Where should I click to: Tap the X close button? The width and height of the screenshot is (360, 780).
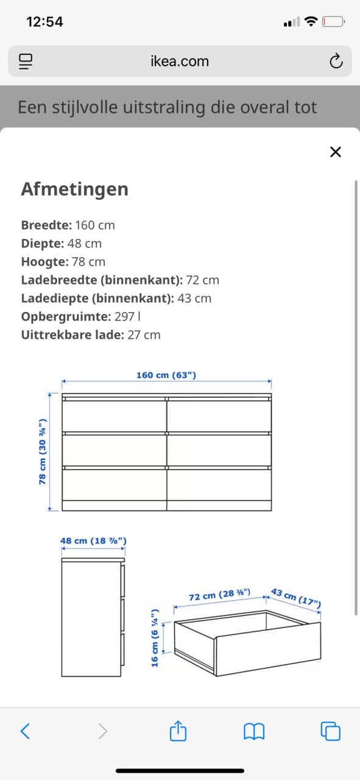pyautogui.click(x=335, y=152)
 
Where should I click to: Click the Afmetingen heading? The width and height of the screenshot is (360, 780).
pyautogui.click(x=74, y=189)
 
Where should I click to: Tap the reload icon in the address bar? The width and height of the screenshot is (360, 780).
pyautogui.click(x=336, y=61)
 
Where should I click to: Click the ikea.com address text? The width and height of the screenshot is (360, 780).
pyautogui.click(x=180, y=61)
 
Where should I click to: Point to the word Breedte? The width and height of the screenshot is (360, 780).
pyautogui.click(x=46, y=225)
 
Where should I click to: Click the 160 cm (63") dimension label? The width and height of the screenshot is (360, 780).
pyautogui.click(x=166, y=375)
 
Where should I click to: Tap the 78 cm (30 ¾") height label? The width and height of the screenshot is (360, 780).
pyautogui.click(x=43, y=452)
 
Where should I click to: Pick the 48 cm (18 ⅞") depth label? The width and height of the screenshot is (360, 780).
pyautogui.click(x=93, y=541)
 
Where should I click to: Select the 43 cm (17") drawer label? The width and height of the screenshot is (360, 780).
pyautogui.click(x=295, y=597)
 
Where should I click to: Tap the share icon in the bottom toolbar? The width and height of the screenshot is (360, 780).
pyautogui.click(x=177, y=731)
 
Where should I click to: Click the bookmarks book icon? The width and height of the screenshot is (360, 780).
pyautogui.click(x=254, y=731)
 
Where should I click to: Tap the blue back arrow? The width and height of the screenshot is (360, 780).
pyautogui.click(x=26, y=731)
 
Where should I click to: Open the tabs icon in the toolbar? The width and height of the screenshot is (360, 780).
pyautogui.click(x=330, y=731)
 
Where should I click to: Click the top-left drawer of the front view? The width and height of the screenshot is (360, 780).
pyautogui.click(x=115, y=416)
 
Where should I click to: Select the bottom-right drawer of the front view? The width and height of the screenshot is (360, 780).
pyautogui.click(x=219, y=484)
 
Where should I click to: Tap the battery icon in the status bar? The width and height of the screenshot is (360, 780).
pyautogui.click(x=333, y=22)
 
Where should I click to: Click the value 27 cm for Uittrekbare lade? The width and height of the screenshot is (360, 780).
pyautogui.click(x=144, y=335)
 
